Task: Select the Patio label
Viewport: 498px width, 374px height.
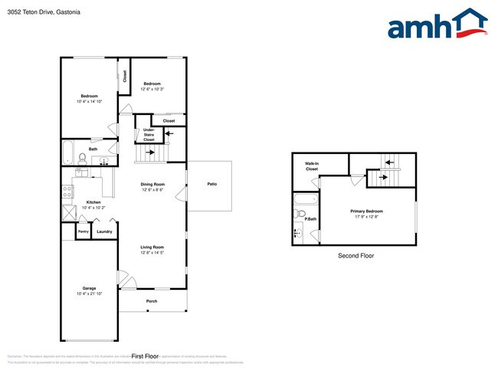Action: click(x=211, y=184)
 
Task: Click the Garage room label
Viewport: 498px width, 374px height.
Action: click(x=89, y=288)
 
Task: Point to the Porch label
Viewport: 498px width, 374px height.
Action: click(x=152, y=301)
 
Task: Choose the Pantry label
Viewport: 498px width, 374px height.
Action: click(x=84, y=231)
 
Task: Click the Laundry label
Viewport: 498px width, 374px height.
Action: click(x=104, y=231)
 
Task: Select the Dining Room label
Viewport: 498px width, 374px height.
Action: click(x=152, y=184)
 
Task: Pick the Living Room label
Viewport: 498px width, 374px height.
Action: click(x=152, y=247)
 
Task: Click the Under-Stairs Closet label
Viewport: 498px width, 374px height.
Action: click(x=149, y=136)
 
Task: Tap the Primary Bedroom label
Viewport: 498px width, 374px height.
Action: click(x=367, y=211)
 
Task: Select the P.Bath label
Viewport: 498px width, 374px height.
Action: click(x=311, y=219)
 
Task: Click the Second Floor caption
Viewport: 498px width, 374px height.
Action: click(x=355, y=256)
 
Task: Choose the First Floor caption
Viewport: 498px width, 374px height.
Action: click(x=145, y=356)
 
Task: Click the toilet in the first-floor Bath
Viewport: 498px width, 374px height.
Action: click(x=82, y=159)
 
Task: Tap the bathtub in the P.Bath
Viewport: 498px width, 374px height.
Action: click(x=300, y=202)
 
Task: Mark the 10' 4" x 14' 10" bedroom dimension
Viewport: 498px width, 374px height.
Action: click(x=89, y=101)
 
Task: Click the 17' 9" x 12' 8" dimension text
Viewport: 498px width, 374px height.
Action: click(x=367, y=217)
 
